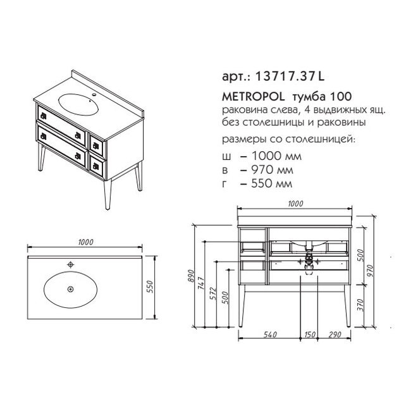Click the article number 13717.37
[x=286, y=77]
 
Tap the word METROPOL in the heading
[x=253, y=97]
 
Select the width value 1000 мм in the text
[x=276, y=156]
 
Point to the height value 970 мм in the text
[x=272, y=170]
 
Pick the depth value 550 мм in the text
[x=272, y=183]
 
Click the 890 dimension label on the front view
[x=191, y=276]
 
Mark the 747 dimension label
[x=202, y=283]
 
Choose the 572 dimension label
[x=213, y=293]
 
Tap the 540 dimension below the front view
[x=270, y=335]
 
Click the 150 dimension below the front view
[x=310, y=335]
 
